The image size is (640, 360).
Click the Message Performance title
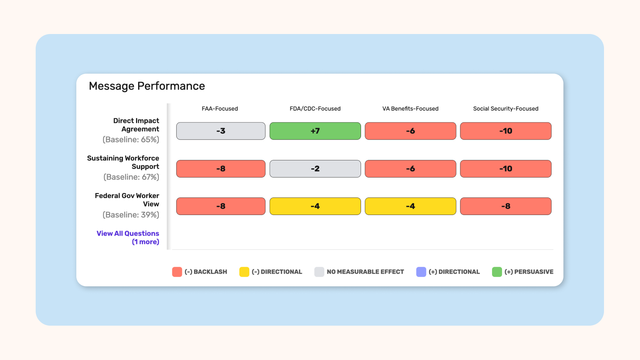point(147,86)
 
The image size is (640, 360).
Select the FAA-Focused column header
point(220,109)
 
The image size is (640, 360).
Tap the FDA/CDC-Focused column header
point(315,109)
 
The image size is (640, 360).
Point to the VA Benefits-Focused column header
point(410,109)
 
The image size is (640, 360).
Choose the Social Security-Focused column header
point(506,109)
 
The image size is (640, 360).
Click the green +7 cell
point(315,131)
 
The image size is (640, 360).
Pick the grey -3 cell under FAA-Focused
point(221,131)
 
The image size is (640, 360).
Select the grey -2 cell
point(315,169)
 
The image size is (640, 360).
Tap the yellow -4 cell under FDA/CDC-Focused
point(315,206)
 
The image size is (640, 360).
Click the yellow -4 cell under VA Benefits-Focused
point(410,206)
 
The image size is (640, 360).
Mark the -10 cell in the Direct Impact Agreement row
point(506,131)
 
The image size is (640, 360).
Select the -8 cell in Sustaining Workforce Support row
point(221,169)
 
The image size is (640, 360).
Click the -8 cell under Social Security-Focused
point(506,206)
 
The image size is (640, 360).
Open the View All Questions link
point(128,237)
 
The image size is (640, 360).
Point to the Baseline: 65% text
point(131,140)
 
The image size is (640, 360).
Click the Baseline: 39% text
point(131,215)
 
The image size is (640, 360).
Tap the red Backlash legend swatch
point(177,272)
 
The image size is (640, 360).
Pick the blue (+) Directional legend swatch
point(421,272)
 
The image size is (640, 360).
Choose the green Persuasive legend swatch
point(497,272)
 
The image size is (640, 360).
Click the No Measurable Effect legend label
point(365,272)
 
